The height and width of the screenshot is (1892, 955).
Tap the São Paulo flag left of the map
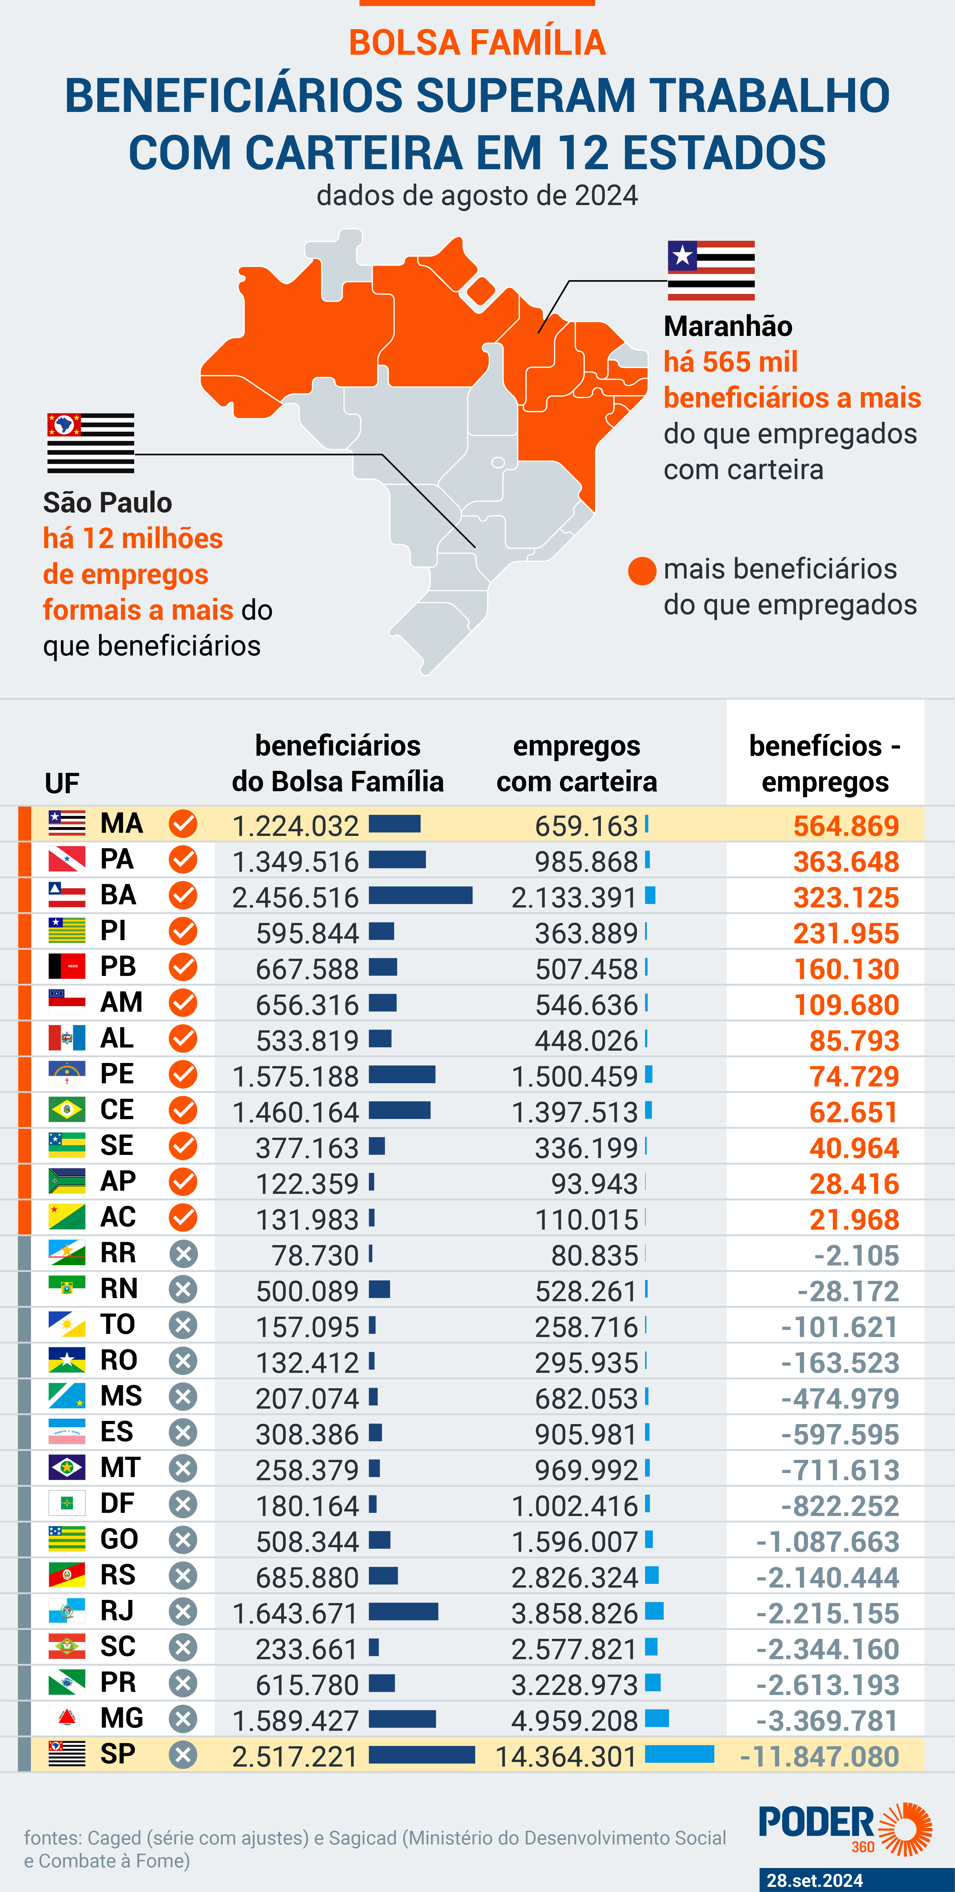[90, 443]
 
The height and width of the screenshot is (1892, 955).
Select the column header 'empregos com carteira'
[577, 764]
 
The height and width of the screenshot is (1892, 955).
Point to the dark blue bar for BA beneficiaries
[420, 895]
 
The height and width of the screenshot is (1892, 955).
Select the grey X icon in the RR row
[183, 1254]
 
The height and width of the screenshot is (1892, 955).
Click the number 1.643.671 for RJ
[295, 1614]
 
